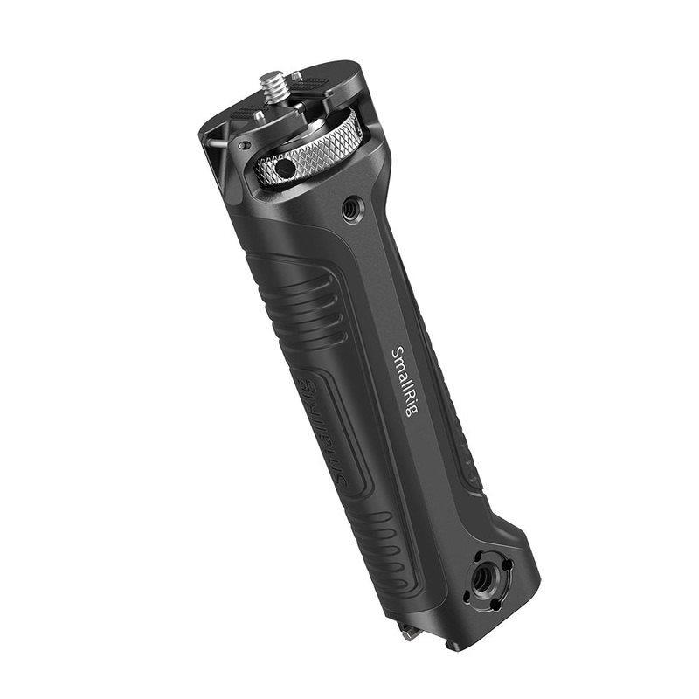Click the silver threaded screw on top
click(272, 87)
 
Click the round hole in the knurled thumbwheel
click(284, 168)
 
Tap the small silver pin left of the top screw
click(260, 114)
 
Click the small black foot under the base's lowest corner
click(452, 646)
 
